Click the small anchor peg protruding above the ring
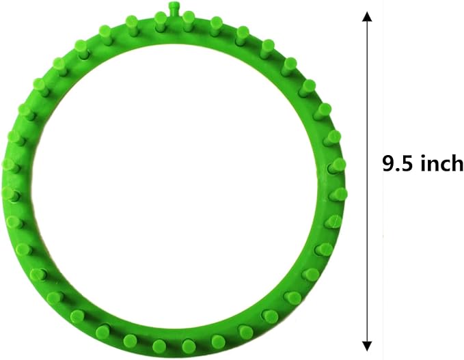pos(172,8)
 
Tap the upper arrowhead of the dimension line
pos(367,16)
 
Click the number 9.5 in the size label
pos(397,163)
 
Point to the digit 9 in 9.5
pos(388,163)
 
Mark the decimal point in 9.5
pos(398,169)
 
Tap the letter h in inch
pos(456,163)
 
